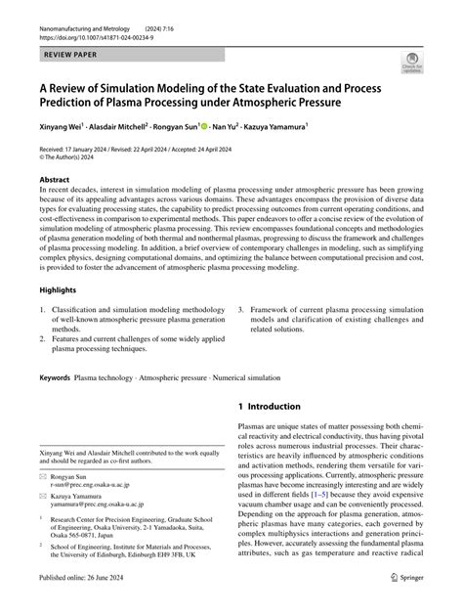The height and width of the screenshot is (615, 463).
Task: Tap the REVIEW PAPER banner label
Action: (70, 45)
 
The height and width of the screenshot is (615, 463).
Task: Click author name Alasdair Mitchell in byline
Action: (121, 126)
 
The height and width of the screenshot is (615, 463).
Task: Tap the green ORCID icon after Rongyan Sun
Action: (203, 126)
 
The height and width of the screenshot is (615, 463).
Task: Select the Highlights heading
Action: (58, 290)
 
